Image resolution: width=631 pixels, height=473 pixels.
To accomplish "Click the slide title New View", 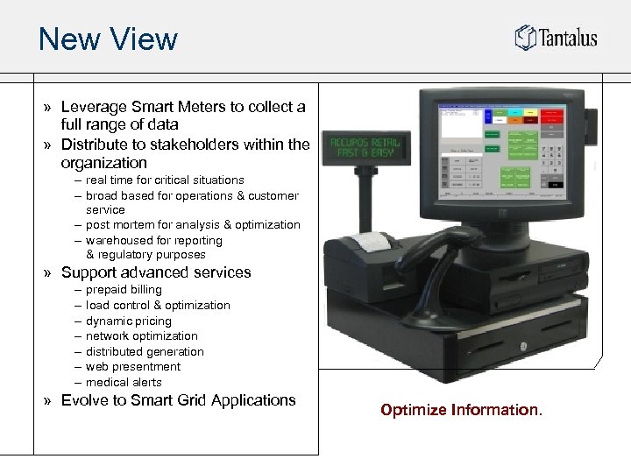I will coord(108,39).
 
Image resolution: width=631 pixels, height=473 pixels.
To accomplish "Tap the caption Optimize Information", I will coord(461,410).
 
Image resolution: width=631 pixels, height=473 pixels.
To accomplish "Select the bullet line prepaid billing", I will coord(124,290).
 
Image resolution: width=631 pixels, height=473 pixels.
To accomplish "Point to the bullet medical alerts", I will coord(124,383).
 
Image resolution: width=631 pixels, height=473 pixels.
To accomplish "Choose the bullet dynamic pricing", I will coord(129,321).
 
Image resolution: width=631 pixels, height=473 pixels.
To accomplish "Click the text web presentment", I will coord(133,367).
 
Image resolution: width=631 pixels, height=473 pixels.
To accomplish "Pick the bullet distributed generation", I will coord(145,352).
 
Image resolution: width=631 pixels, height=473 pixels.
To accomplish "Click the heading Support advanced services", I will coord(156,272).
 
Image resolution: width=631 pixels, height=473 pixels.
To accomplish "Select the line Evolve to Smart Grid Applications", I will coord(178,400).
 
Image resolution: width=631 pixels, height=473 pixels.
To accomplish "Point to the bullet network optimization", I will coord(142,336).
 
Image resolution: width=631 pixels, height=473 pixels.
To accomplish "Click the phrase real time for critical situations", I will coord(165,180).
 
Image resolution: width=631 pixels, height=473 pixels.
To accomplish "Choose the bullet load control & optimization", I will coord(158,306).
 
